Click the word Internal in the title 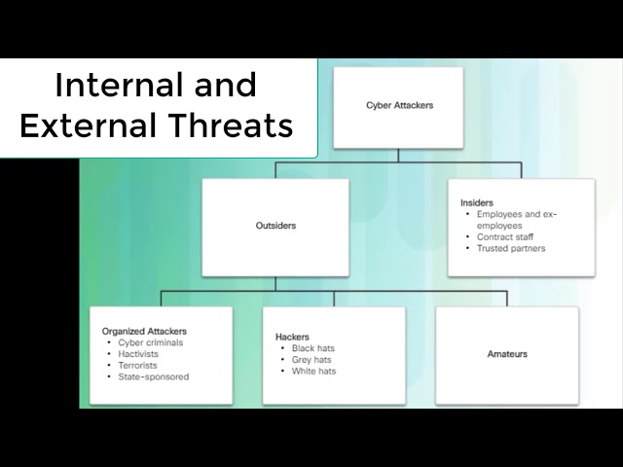click(x=108, y=86)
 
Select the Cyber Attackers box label click(x=399, y=105)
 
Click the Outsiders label click(x=275, y=226)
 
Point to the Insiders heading click(x=476, y=202)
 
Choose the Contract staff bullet click(x=504, y=236)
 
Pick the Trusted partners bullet click(x=511, y=248)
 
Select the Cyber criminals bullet click(x=150, y=342)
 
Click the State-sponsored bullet click(x=154, y=377)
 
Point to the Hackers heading click(x=292, y=337)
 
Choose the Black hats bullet click(x=312, y=348)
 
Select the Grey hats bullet click(x=311, y=359)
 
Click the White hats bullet click(x=313, y=371)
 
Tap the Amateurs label click(x=507, y=354)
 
